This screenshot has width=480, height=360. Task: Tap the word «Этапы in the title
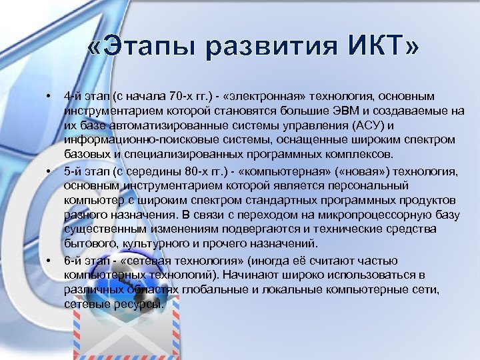[138, 48]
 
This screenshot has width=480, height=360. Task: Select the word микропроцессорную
[377, 215]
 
